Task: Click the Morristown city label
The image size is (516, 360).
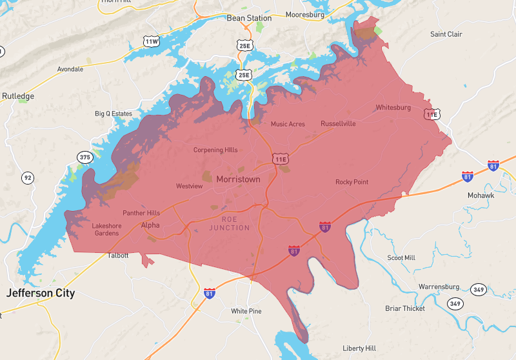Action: point(238,179)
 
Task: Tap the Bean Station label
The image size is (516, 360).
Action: point(244,18)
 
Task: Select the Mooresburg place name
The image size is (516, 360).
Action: point(304,14)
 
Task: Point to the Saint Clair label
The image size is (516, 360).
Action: point(446,34)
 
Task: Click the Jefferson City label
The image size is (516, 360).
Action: point(41,294)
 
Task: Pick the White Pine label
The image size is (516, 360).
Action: point(246,311)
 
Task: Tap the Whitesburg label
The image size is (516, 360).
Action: point(393,108)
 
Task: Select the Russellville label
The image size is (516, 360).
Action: point(338,123)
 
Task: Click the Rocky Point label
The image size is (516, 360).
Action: point(352,182)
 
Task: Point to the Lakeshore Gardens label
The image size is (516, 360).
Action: point(105,229)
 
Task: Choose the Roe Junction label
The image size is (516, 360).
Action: point(229,224)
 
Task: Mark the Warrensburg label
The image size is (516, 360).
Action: point(439,286)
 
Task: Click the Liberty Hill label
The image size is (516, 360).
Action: point(359,348)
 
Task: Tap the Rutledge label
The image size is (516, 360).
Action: point(17,96)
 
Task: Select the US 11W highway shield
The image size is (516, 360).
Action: point(152,42)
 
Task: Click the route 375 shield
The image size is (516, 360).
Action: point(84,157)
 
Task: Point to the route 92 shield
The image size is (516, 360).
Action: point(27,177)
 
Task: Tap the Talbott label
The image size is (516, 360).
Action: point(118,255)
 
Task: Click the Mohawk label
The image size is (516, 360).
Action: point(481,195)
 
